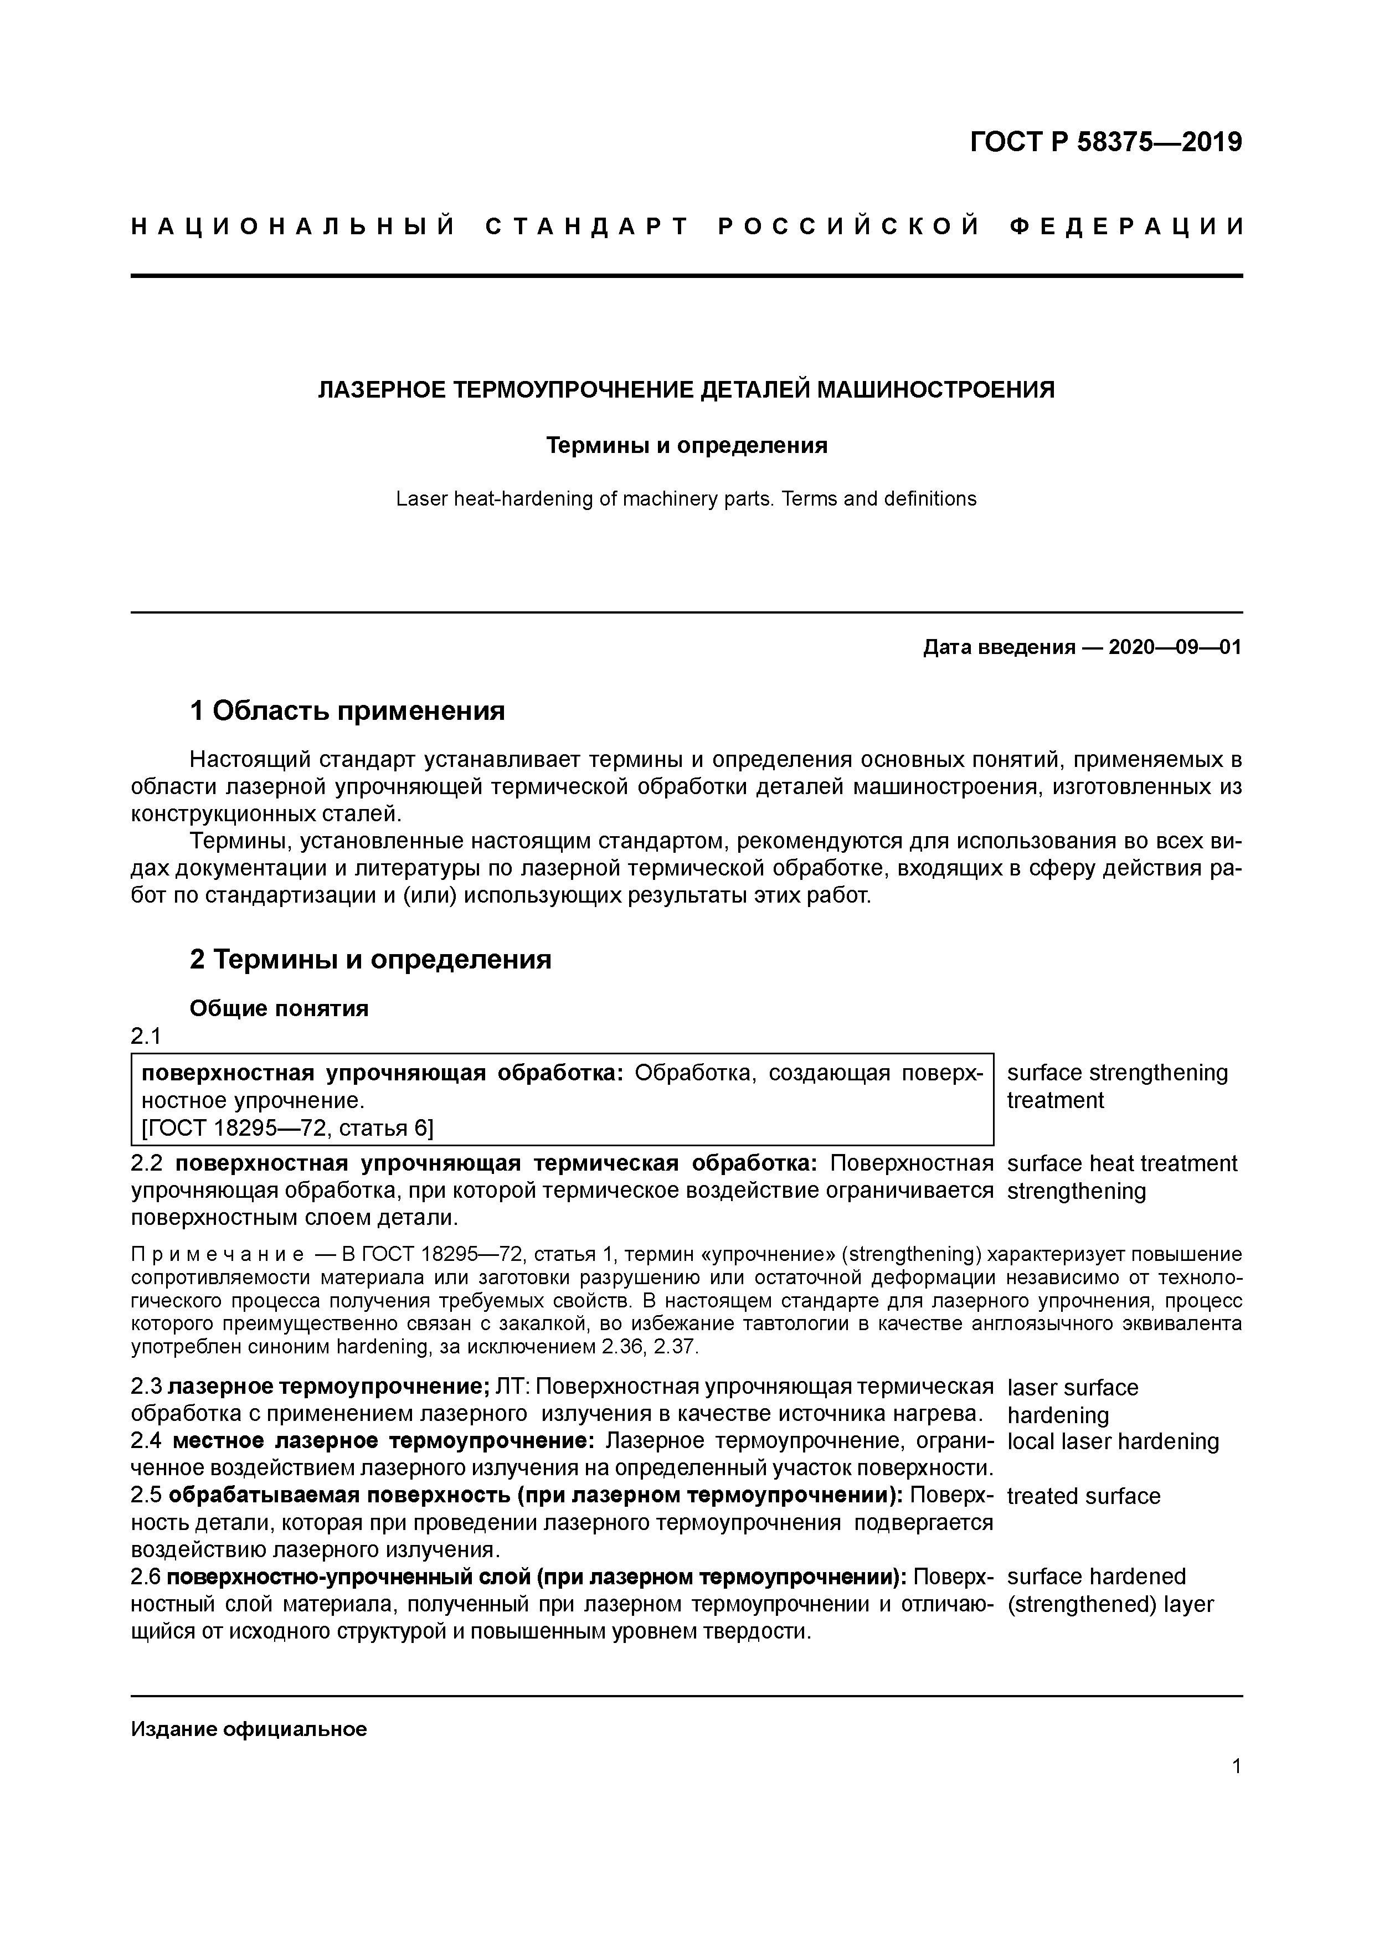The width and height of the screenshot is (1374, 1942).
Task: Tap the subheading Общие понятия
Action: [x=279, y=1009]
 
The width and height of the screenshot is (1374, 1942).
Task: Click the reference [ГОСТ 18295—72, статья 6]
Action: [x=287, y=1129]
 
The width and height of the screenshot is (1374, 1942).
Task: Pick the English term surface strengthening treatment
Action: [x=1117, y=1086]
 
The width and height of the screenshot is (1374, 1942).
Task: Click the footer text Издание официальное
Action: [x=249, y=1730]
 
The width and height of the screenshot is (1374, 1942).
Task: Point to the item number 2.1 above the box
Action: [x=146, y=1036]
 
